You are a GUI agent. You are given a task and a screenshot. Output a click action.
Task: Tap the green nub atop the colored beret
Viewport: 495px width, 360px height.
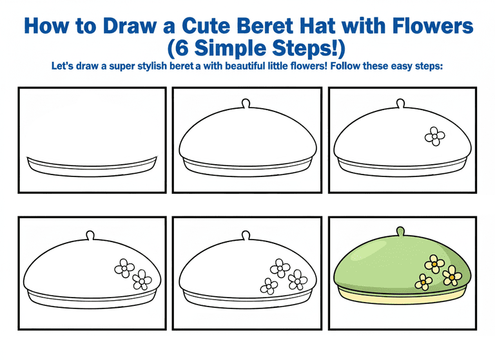tap(400, 231)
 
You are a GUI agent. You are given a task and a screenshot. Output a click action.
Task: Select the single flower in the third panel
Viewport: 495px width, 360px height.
tap(434, 137)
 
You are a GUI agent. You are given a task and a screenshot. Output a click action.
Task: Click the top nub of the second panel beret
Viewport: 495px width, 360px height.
tap(246, 104)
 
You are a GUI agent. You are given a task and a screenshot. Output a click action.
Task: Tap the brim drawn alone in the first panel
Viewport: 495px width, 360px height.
tap(92, 167)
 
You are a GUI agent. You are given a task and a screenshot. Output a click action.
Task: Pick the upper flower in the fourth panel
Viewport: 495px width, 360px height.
tap(124, 268)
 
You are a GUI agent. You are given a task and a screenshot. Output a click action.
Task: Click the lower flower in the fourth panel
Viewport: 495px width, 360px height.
tap(142, 280)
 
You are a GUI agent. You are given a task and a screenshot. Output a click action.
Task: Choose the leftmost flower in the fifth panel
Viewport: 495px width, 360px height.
tap(269, 286)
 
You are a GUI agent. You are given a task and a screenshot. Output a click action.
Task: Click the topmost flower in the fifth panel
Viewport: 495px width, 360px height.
tap(280, 268)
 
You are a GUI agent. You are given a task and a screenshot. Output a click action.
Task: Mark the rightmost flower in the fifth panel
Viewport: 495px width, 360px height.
tap(298, 280)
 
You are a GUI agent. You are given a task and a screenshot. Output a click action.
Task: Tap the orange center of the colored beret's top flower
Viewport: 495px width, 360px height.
tap(434, 264)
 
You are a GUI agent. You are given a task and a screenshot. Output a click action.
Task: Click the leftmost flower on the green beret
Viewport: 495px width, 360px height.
tap(423, 281)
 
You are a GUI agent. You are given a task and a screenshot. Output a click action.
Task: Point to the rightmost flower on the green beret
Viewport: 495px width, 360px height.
tap(452, 276)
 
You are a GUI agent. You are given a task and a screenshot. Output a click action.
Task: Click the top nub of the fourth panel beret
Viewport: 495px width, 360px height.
tap(90, 235)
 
